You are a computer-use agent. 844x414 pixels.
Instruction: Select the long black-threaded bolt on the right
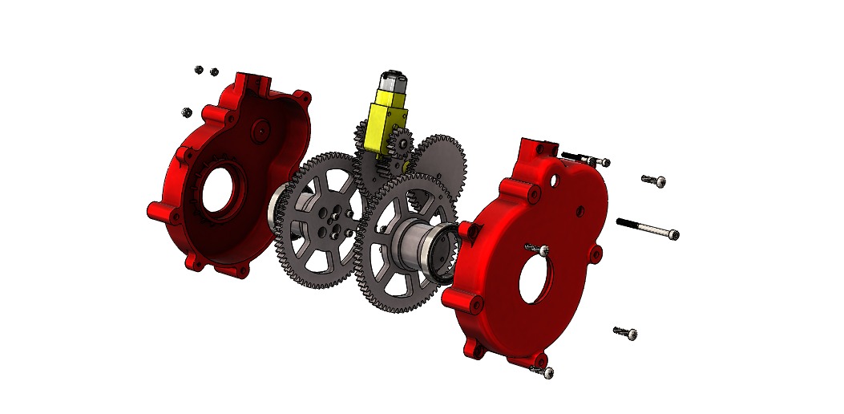click(x=647, y=227)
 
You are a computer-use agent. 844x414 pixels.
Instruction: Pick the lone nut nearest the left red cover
click(x=187, y=111)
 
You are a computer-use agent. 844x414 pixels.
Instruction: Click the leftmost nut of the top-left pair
click(x=198, y=70)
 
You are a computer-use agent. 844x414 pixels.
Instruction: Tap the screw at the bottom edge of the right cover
click(x=543, y=370)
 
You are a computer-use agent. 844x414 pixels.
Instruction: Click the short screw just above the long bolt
click(x=654, y=181)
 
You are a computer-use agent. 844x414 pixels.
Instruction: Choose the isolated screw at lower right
click(x=625, y=331)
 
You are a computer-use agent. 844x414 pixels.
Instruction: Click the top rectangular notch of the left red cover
click(x=255, y=80)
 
